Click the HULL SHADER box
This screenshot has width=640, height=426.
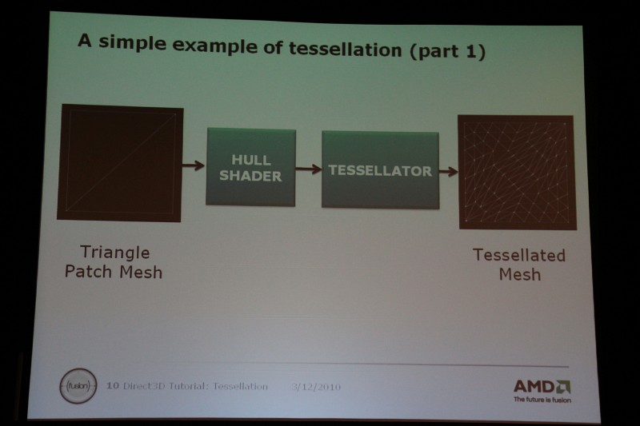[x=250, y=167]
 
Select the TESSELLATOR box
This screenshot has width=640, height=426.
[x=381, y=169]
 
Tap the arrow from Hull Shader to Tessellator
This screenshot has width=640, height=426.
[x=309, y=169]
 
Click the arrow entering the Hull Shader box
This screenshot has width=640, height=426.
[x=194, y=165]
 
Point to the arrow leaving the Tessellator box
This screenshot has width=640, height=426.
[x=449, y=171]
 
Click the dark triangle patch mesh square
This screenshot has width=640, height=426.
[x=120, y=163]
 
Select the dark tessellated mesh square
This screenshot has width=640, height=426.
[x=517, y=172]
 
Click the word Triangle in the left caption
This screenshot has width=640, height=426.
[x=115, y=253]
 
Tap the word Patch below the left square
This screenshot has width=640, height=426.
[x=88, y=272]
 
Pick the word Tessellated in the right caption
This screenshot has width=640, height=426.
[x=519, y=255]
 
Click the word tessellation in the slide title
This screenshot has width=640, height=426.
[x=346, y=49]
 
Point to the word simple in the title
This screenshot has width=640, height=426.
[x=133, y=43]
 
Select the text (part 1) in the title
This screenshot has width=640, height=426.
[x=447, y=51]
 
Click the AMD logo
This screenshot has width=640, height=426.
[x=542, y=387]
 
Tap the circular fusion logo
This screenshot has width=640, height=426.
[x=78, y=386]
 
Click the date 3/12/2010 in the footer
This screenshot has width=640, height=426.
[x=316, y=387]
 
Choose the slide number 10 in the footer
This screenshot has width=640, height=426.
[x=113, y=385]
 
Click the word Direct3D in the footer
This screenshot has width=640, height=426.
[x=144, y=386]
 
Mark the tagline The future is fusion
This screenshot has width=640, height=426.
[x=542, y=400]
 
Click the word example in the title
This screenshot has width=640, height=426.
[x=214, y=46]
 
